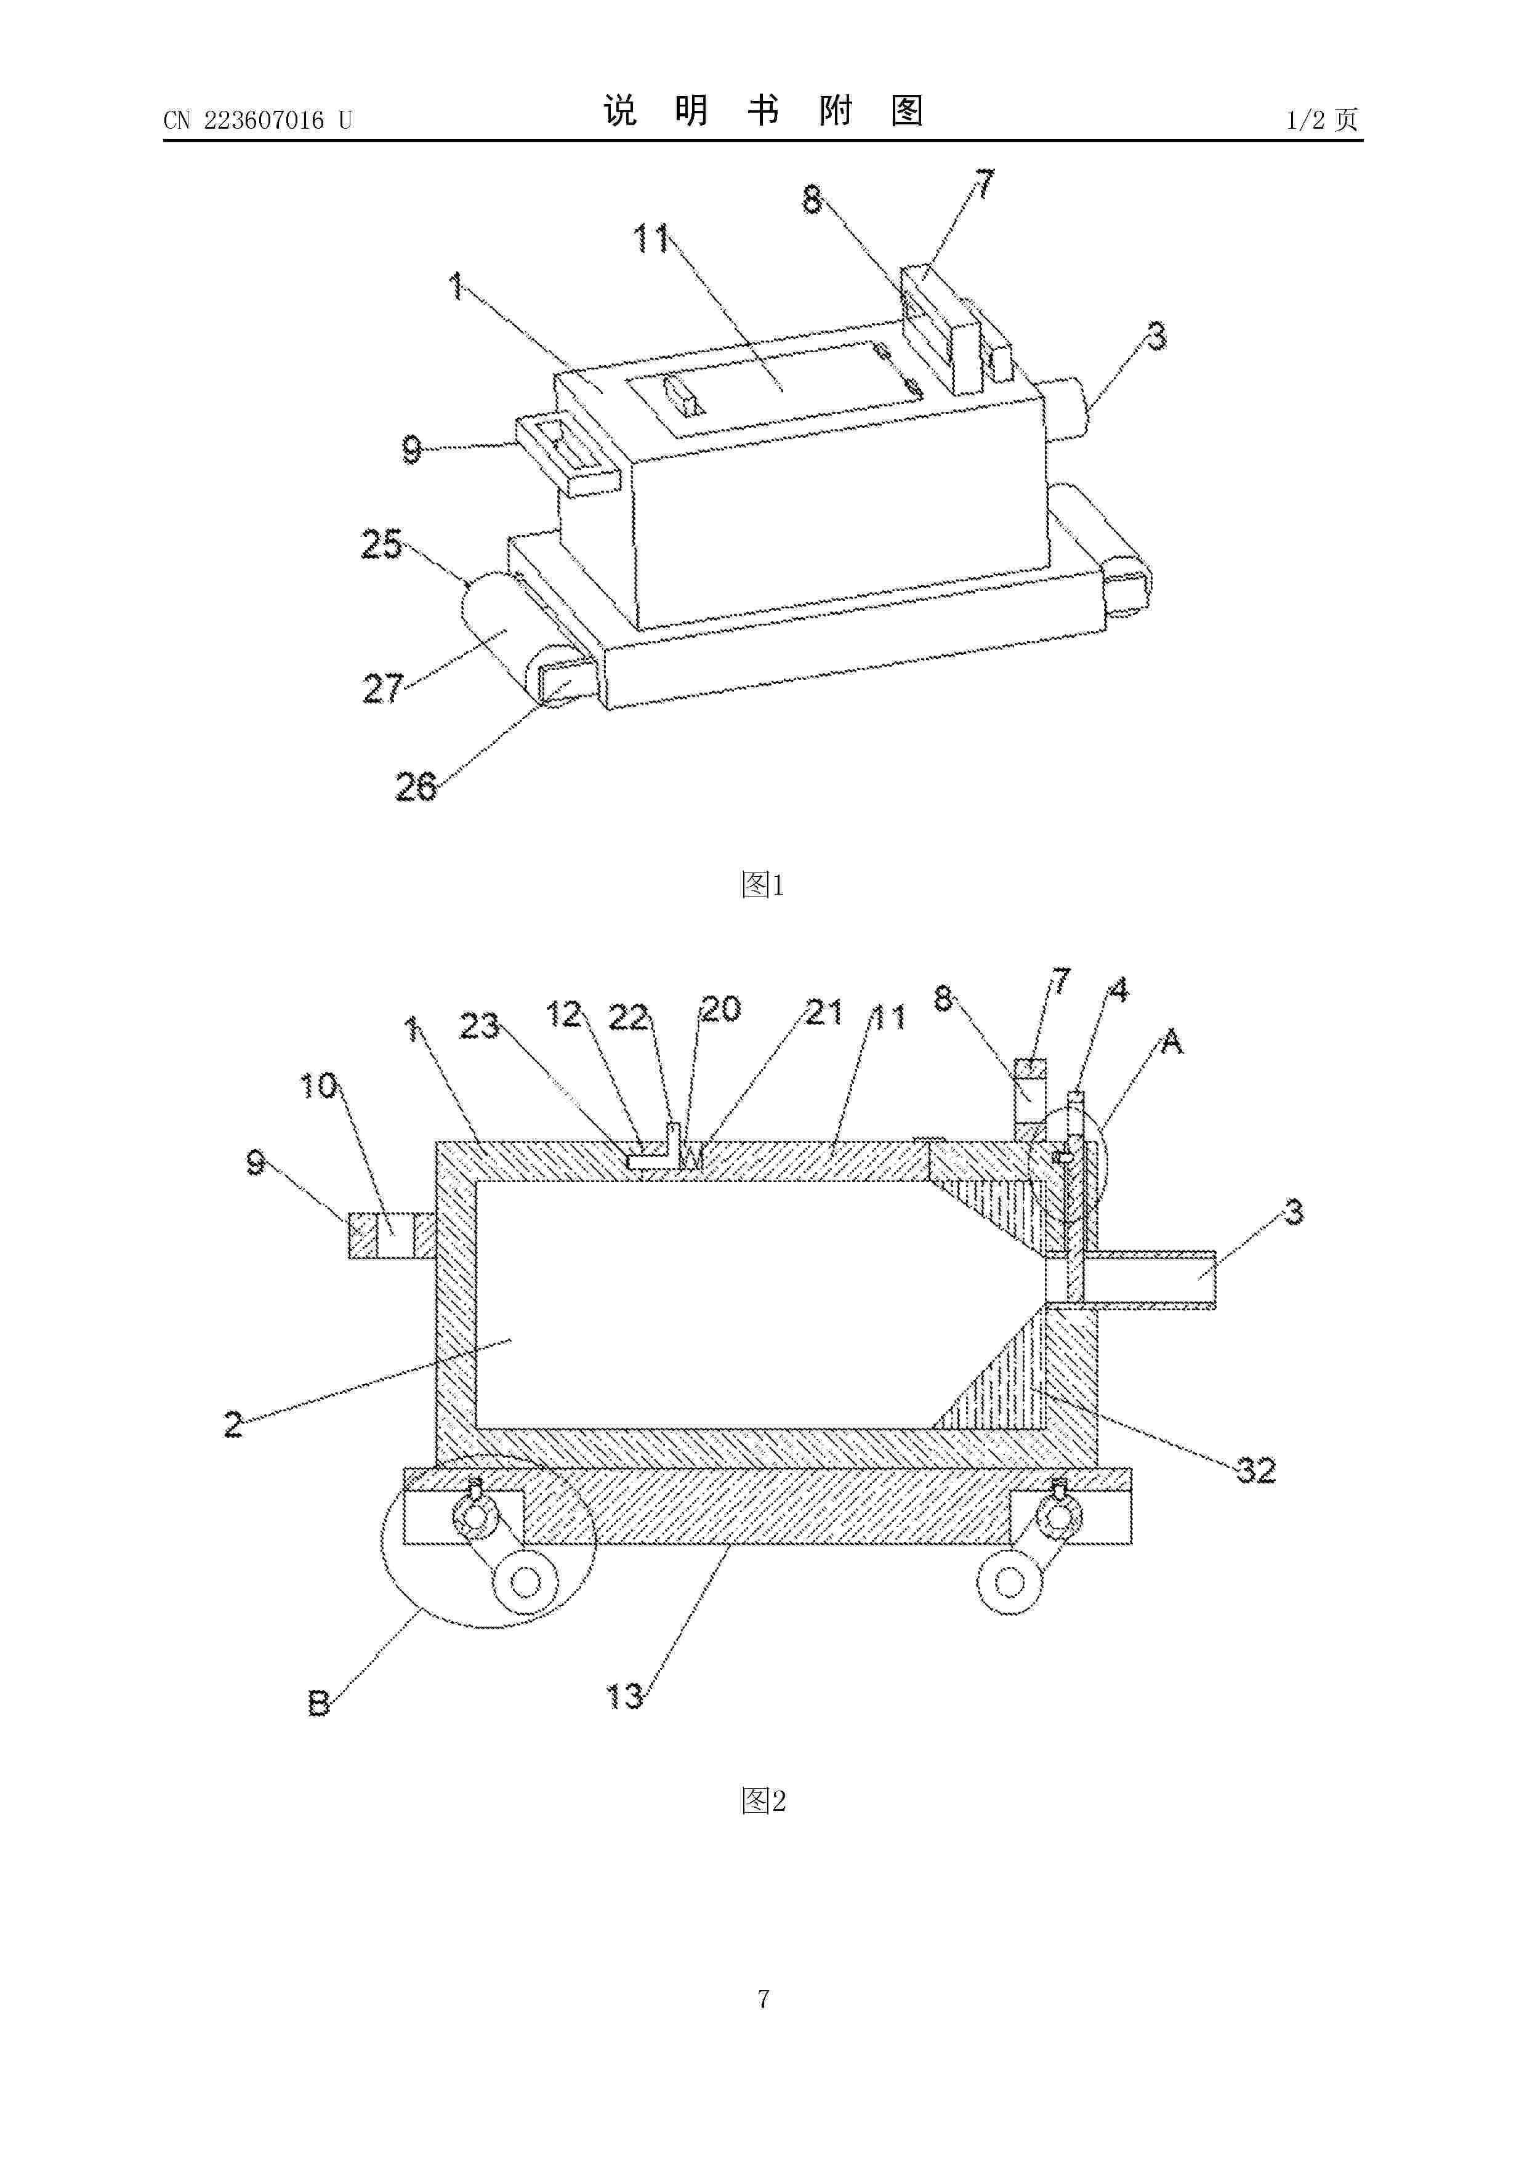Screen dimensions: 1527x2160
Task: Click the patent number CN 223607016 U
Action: [x=258, y=119]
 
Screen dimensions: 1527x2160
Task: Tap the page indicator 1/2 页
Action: [x=1321, y=119]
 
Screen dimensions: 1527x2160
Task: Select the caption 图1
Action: [x=763, y=884]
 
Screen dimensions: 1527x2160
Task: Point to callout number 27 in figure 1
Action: [x=383, y=688]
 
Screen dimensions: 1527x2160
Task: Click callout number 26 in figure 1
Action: [x=415, y=786]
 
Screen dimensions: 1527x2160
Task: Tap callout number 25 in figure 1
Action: [x=381, y=545]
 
